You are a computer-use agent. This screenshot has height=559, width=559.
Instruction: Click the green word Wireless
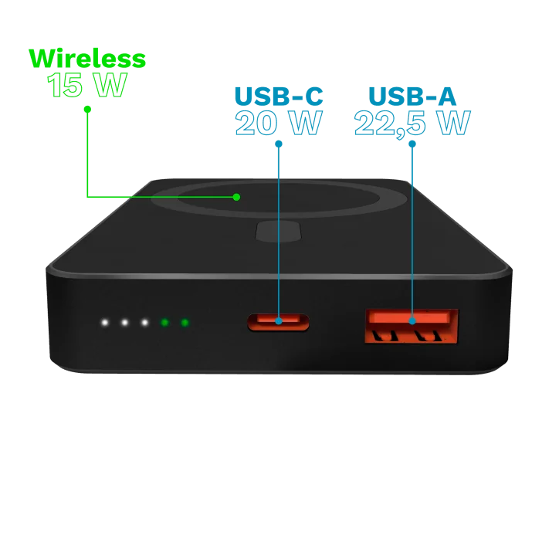click(87, 59)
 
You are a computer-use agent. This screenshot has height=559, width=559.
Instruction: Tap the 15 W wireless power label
click(87, 85)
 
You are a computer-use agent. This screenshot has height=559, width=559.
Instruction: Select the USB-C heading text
click(279, 97)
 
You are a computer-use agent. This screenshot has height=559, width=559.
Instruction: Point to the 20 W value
click(279, 123)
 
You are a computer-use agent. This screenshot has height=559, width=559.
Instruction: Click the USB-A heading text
click(412, 97)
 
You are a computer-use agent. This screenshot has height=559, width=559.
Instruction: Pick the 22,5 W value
click(412, 124)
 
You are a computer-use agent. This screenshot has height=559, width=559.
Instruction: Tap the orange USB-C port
click(279, 322)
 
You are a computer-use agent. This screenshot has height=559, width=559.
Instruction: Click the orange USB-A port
click(412, 327)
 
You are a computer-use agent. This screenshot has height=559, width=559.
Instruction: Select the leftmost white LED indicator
click(104, 323)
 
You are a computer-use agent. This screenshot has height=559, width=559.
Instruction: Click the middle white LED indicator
click(124, 323)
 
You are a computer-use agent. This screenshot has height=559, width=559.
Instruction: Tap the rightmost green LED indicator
click(185, 323)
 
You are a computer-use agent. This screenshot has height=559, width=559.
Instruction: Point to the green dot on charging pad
click(236, 197)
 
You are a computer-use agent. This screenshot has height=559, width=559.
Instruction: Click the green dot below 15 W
click(87, 109)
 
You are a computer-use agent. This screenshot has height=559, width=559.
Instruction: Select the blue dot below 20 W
click(279, 144)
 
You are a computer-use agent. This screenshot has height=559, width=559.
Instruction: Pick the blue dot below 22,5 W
click(412, 144)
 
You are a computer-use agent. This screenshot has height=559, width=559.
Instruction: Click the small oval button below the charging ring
click(279, 232)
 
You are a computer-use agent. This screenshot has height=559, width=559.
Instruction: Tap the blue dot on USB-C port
click(279, 321)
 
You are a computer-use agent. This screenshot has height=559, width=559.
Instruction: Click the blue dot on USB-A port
click(412, 321)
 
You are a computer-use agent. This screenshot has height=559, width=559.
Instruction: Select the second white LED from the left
click(124, 323)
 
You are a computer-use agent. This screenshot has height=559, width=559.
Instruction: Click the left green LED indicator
click(164, 323)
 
